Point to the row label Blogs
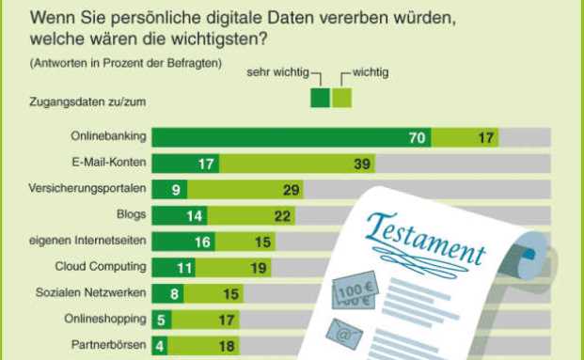click(x=132, y=215)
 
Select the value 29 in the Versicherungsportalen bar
click(x=291, y=190)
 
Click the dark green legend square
click(x=320, y=98)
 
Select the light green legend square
click(x=341, y=98)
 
